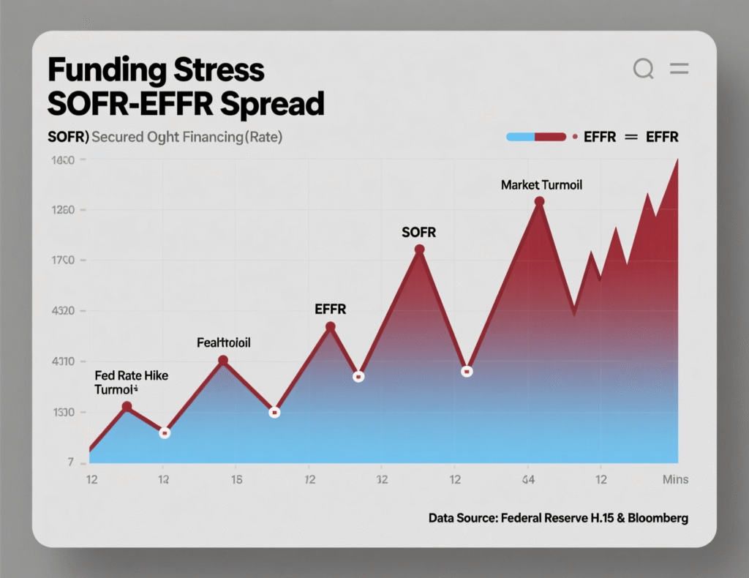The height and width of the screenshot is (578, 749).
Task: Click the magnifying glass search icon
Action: click(643, 70)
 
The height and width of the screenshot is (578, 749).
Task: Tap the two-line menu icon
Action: click(680, 70)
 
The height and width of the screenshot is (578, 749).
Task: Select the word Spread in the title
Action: click(276, 105)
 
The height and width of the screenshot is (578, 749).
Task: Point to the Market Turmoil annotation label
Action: click(541, 185)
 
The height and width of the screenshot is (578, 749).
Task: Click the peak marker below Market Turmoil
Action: click(540, 201)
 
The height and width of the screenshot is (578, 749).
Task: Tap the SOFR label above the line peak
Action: click(418, 233)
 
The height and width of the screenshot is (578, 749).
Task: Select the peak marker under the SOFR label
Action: click(419, 249)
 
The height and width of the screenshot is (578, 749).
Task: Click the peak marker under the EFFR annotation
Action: click(331, 326)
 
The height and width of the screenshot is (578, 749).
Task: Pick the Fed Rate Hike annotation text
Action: click(132, 375)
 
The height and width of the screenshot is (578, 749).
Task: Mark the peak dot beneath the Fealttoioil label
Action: click(223, 360)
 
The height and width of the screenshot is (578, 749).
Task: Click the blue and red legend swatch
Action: click(536, 137)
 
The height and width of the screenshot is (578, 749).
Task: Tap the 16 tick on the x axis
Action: click(237, 480)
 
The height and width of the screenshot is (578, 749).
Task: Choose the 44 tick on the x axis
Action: click(527, 480)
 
